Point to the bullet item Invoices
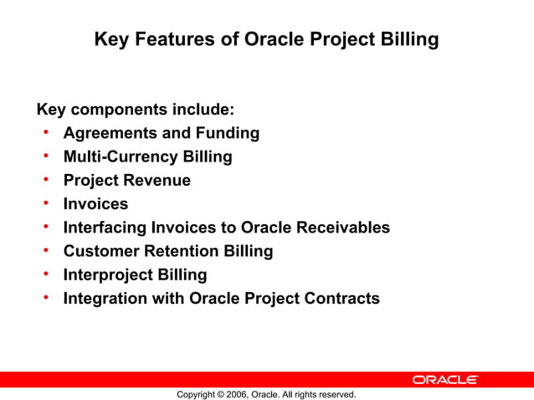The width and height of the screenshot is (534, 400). coord(95,203)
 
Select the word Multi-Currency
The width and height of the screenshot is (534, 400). coord(116,156)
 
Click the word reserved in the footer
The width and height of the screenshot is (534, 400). coord(337,394)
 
